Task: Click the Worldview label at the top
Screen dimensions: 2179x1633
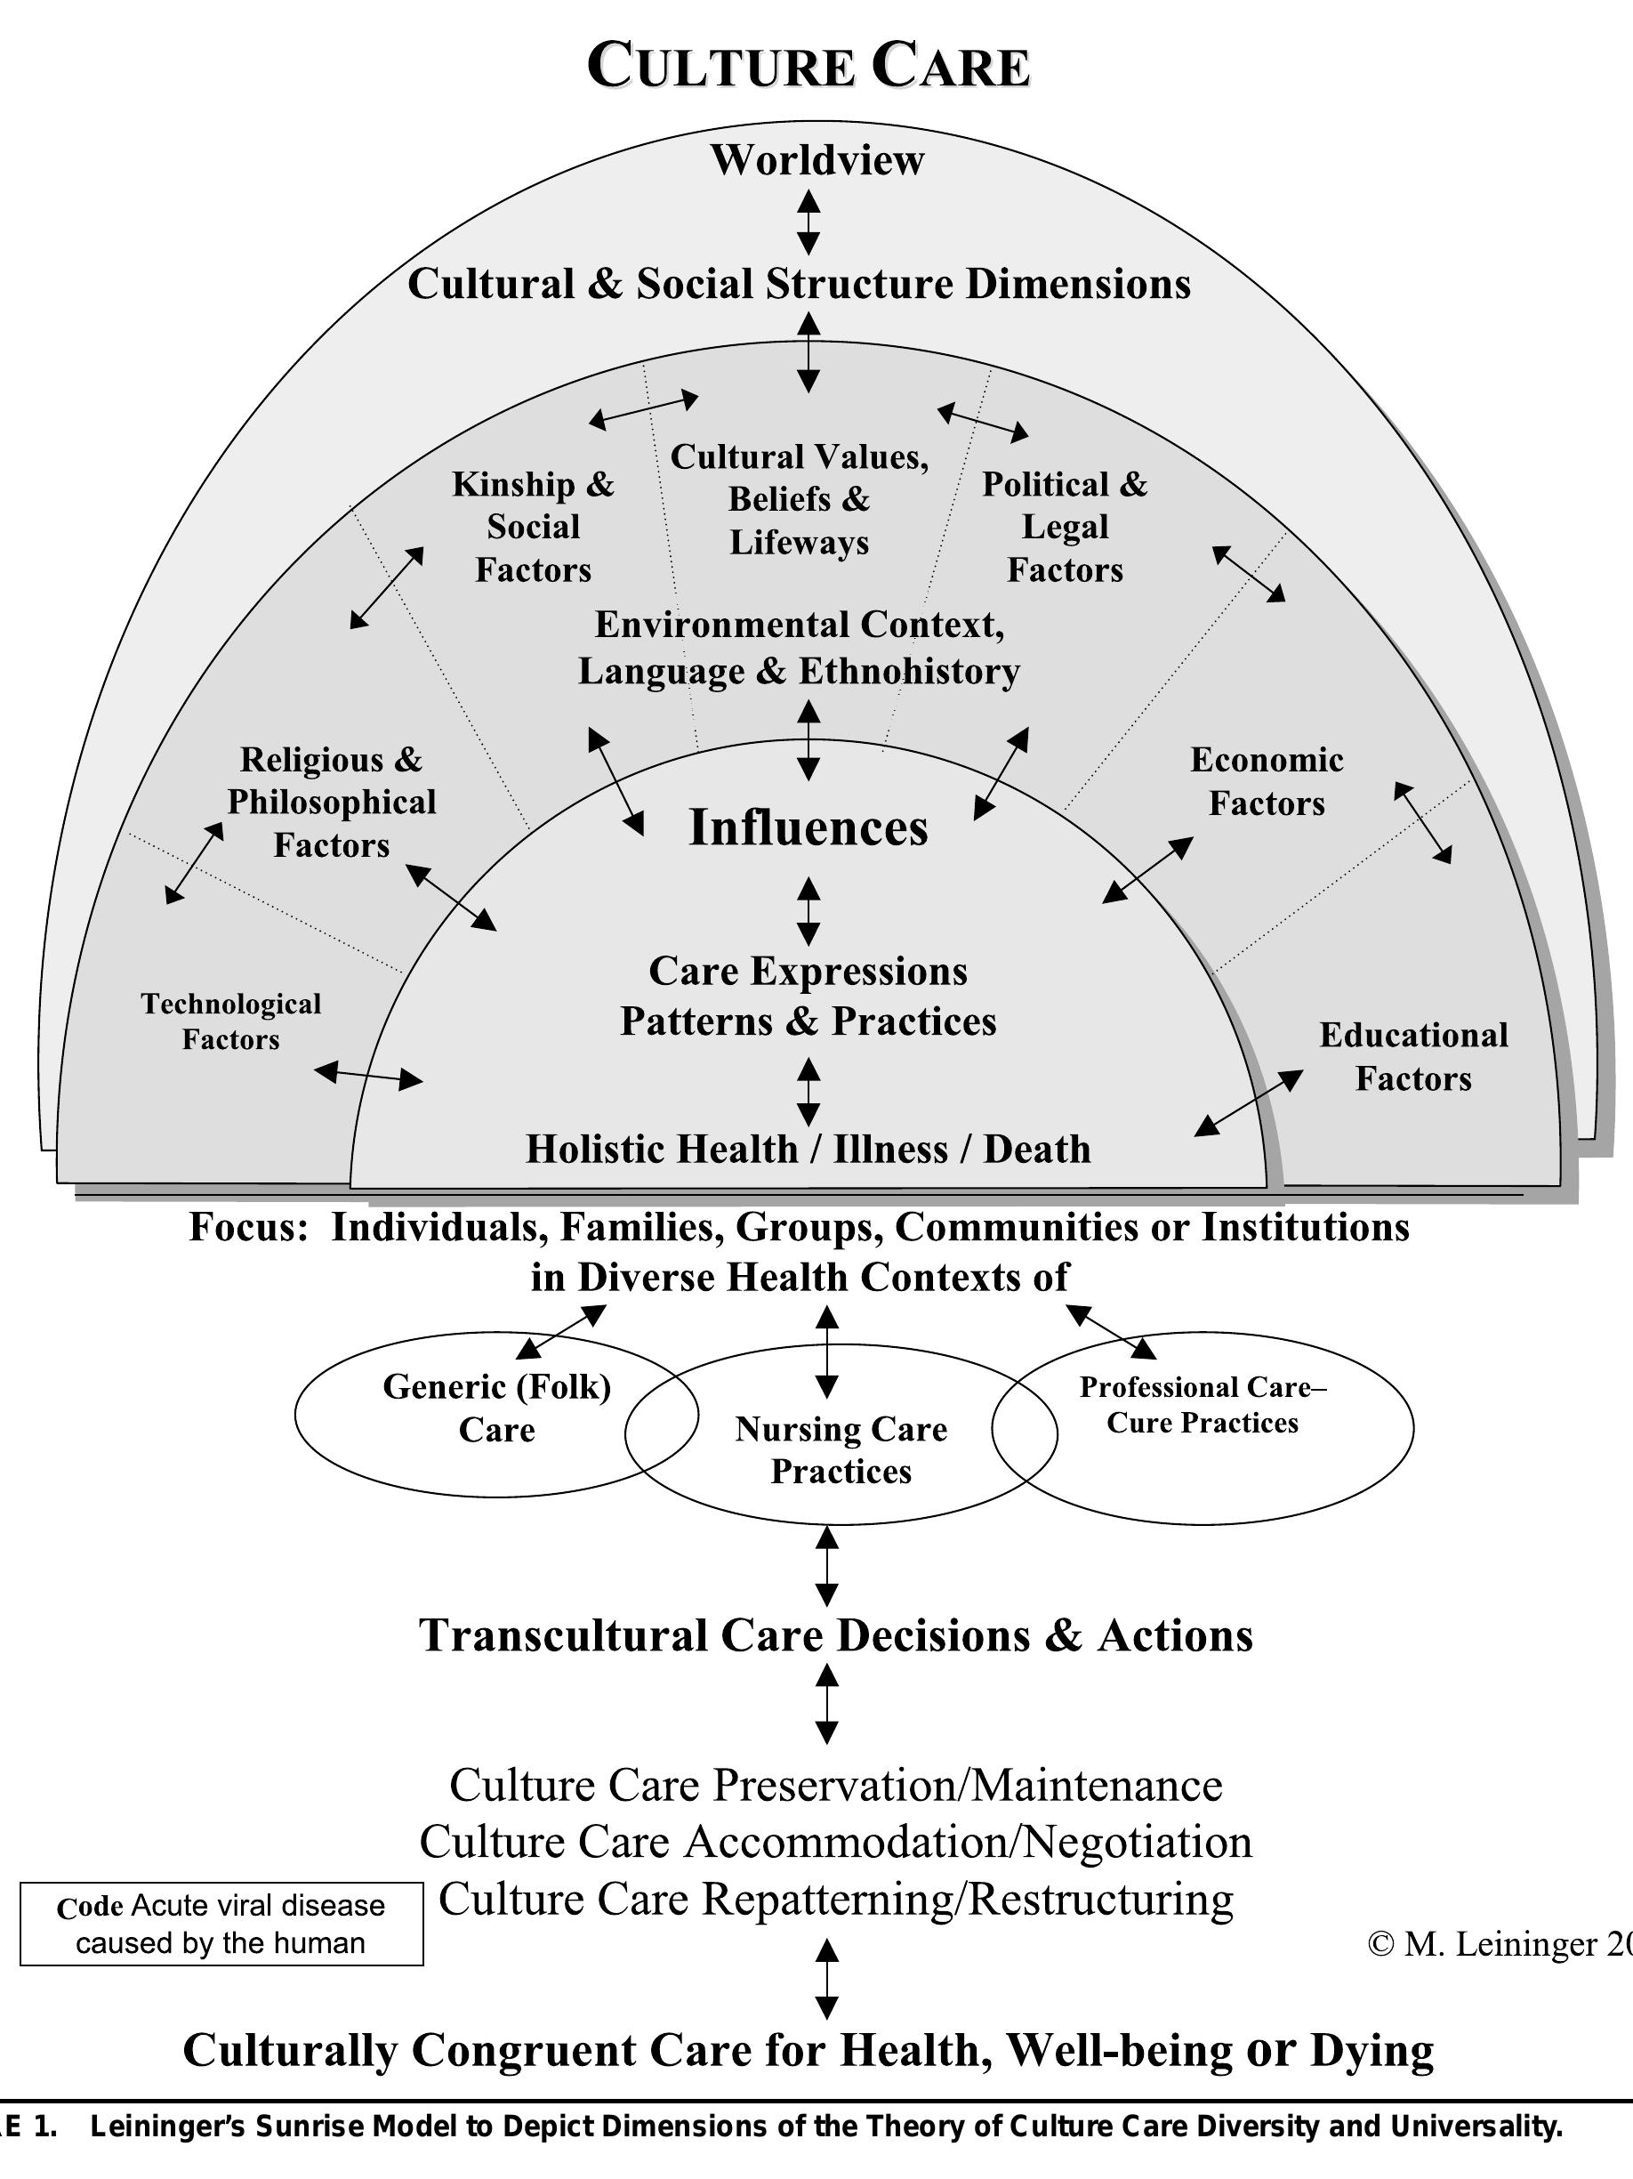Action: point(816,160)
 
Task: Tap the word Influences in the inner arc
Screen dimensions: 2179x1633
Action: point(808,827)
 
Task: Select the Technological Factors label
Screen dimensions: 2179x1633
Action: point(230,1021)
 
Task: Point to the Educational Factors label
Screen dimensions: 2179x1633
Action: point(1413,1057)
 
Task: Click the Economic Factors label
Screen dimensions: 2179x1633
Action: point(1267,781)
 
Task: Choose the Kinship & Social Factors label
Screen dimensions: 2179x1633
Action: point(533,527)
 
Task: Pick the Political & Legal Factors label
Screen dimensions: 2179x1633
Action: point(1065,527)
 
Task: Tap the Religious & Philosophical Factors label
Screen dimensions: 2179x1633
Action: point(331,803)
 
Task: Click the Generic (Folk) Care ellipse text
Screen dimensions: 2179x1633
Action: point(496,1408)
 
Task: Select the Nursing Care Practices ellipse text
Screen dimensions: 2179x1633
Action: point(841,1450)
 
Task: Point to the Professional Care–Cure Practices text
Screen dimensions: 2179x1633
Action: point(1203,1405)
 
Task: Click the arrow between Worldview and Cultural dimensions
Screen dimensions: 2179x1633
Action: point(808,222)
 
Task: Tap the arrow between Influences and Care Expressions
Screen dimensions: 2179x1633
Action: point(808,912)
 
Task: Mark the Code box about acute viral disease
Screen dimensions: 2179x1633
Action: point(221,1925)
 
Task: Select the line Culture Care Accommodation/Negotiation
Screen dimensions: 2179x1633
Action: point(835,1842)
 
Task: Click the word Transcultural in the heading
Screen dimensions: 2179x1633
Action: point(562,1636)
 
